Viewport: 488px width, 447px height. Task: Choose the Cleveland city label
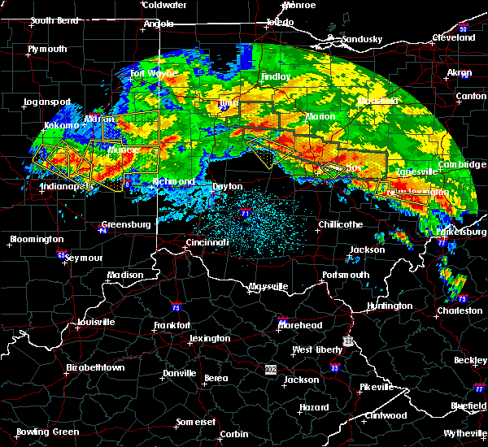[453, 37]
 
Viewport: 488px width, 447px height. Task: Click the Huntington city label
[389, 306]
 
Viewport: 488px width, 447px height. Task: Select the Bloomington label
[36, 240]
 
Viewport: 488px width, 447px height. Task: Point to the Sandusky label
[361, 39]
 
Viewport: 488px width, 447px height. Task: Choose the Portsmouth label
[345, 276]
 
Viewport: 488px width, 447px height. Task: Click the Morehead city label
[300, 325]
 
